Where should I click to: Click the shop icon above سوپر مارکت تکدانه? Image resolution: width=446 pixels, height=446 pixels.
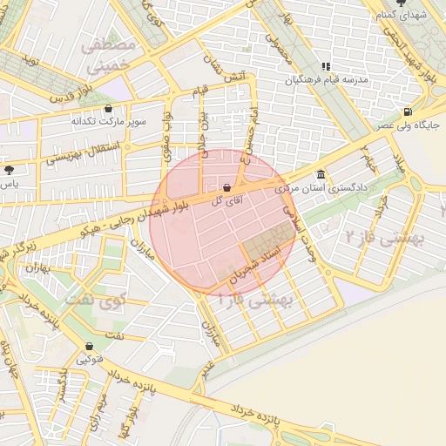pyautogui.click(x=108, y=109)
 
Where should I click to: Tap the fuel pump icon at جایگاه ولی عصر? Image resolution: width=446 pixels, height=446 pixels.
pyautogui.click(x=408, y=111)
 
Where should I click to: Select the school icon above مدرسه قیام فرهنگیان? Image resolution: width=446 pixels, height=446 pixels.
pyautogui.click(x=326, y=66)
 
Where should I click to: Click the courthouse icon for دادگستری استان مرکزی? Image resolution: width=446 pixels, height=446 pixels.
pyautogui.click(x=321, y=173)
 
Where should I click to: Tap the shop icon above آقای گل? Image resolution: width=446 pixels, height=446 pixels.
pyautogui.click(x=227, y=186)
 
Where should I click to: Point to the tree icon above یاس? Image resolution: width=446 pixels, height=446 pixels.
pyautogui.click(x=9, y=170)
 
